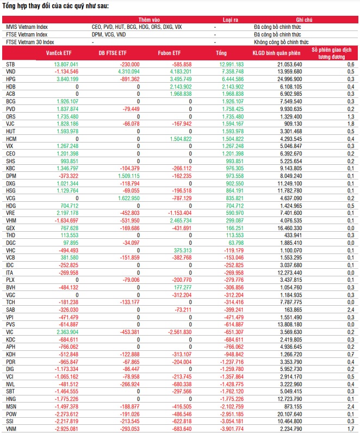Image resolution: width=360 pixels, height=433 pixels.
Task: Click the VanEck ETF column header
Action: click(59, 53)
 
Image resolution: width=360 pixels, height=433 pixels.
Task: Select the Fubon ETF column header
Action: click(169, 53)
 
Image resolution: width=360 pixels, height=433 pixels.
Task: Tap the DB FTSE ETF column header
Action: click(113, 53)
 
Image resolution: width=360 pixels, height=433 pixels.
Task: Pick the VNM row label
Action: click(11, 428)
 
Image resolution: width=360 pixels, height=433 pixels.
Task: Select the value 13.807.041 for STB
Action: click(63, 64)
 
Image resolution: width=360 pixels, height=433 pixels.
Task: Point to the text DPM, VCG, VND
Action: click(109, 34)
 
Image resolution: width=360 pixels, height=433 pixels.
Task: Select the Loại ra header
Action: click(231, 20)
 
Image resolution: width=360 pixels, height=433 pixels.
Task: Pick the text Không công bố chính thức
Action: click(281, 41)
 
